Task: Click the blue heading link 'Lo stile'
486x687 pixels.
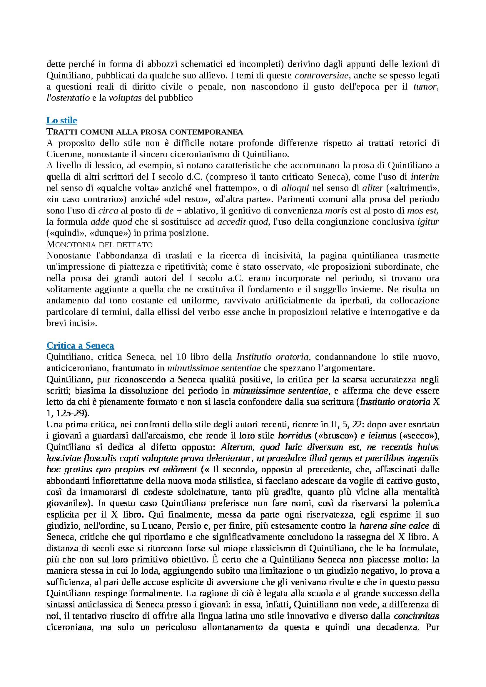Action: point(62,120)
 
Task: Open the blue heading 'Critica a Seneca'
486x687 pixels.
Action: point(80,346)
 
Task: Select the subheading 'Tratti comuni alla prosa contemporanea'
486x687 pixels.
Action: point(145,132)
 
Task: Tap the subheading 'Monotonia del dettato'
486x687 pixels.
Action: point(100,244)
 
